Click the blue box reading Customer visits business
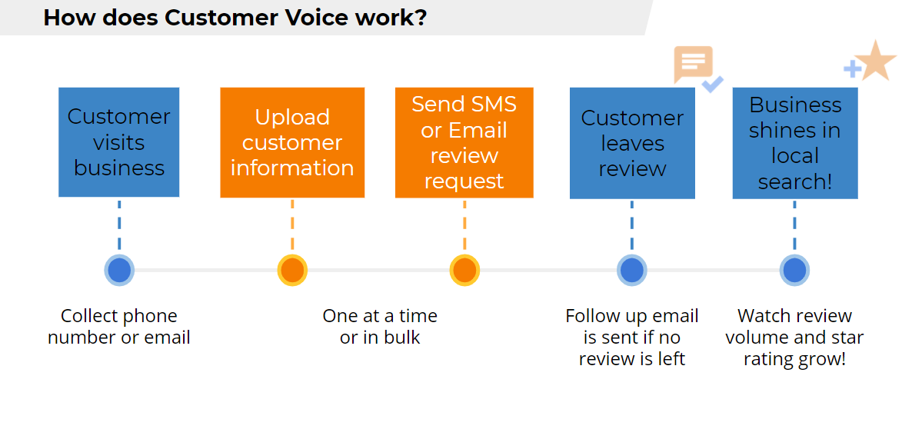point(118,142)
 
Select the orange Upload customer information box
point(292,142)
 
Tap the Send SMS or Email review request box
point(464,142)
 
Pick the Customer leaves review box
point(632,143)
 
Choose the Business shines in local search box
point(795,143)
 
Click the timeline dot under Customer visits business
point(119,271)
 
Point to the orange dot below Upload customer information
point(292,271)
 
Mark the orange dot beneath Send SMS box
point(464,271)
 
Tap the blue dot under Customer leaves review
point(632,271)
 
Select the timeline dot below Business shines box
point(794,271)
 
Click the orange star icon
point(876,60)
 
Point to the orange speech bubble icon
point(694,64)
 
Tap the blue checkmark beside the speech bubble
point(713,84)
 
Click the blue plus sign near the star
point(853,69)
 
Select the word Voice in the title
point(318,18)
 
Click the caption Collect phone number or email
point(118,327)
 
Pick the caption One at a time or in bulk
point(380,327)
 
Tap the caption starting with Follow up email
point(632,338)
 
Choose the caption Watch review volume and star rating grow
point(794,338)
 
